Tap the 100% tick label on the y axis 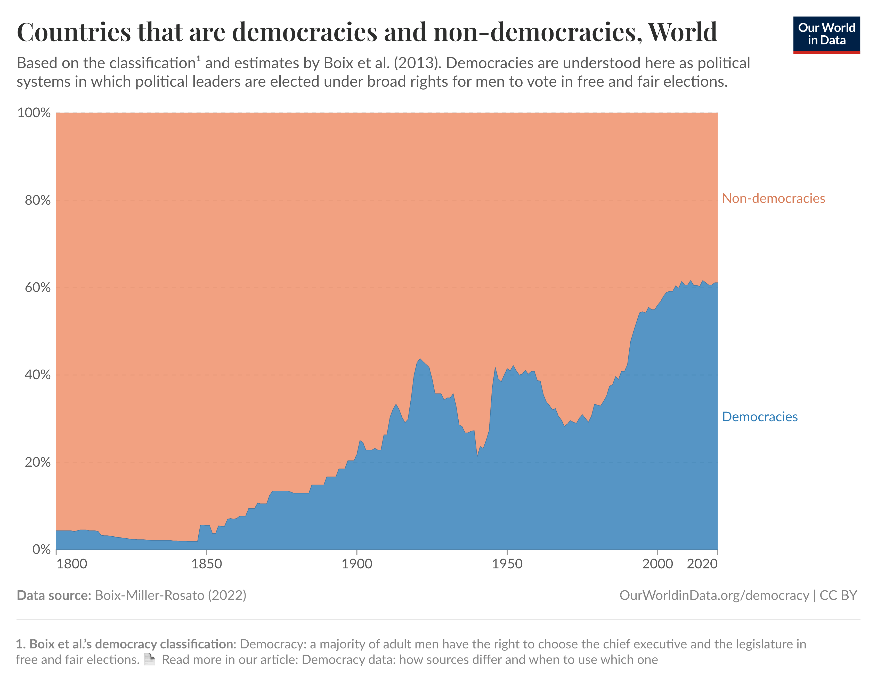tap(34, 113)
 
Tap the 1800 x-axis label tap(72, 564)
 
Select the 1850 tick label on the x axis tap(206, 564)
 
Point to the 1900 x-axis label tap(356, 564)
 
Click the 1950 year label tap(507, 564)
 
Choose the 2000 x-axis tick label tap(657, 564)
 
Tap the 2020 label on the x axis tap(702, 564)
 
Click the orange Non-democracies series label tap(773, 198)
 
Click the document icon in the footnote tap(149, 660)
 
